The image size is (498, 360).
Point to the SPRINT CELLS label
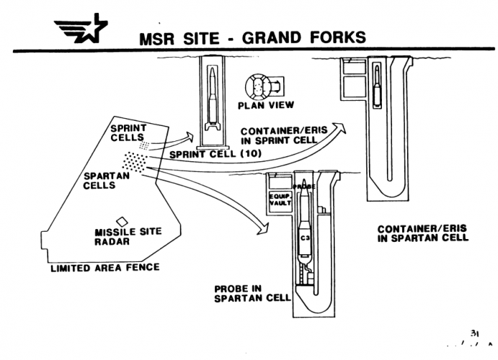pos(129,132)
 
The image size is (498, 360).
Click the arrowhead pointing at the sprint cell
pos(192,133)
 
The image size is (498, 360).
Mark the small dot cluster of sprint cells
pos(145,145)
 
